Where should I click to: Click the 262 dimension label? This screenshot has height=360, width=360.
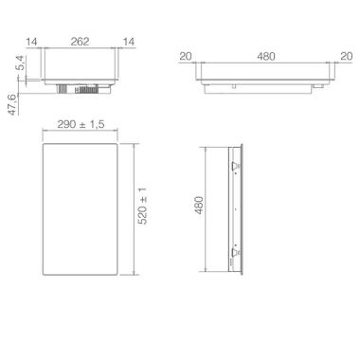pos(80,42)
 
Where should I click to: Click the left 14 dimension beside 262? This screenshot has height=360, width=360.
pos(32,42)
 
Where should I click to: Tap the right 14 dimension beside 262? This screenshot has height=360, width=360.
pos(129,42)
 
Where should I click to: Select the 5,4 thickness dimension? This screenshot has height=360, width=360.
pos(20,63)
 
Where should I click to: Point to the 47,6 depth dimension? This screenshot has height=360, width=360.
pos(13,104)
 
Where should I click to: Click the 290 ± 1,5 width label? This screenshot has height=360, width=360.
pos(81,124)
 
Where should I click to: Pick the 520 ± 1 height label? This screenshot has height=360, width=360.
pos(143,206)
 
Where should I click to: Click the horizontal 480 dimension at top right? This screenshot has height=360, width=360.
pos(266,57)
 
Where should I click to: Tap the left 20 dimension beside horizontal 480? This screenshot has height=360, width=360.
pos(186,57)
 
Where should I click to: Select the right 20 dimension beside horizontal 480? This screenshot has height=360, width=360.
pos(347,57)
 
